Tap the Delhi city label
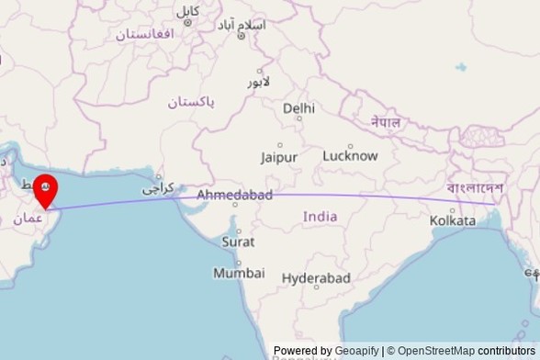pyautogui.click(x=298, y=108)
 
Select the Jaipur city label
pyautogui.click(x=278, y=157)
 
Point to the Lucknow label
pyautogui.click(x=350, y=155)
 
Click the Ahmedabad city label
pyautogui.click(x=234, y=196)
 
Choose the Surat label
pyautogui.click(x=238, y=242)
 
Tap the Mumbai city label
pyautogui.click(x=239, y=273)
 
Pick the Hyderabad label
pyautogui.click(x=316, y=277)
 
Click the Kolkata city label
pyautogui.click(x=453, y=220)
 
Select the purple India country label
pyautogui.click(x=320, y=217)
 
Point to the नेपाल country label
pyautogui.click(x=386, y=121)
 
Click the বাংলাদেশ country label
pyautogui.click(x=475, y=188)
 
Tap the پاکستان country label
pyautogui.click(x=191, y=102)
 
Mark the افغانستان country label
pyautogui.click(x=144, y=34)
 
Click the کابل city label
pyautogui.click(x=188, y=11)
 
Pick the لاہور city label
pyautogui.click(x=259, y=82)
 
